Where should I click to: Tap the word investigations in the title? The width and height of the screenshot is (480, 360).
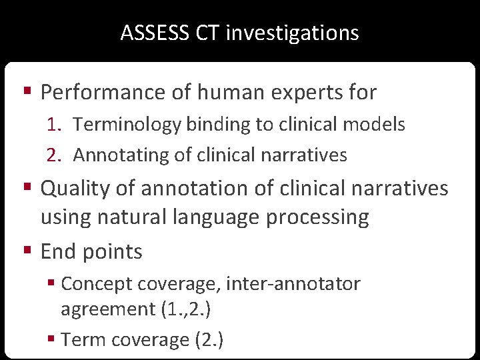(292, 33)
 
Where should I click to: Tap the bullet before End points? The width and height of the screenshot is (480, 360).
(27, 251)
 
